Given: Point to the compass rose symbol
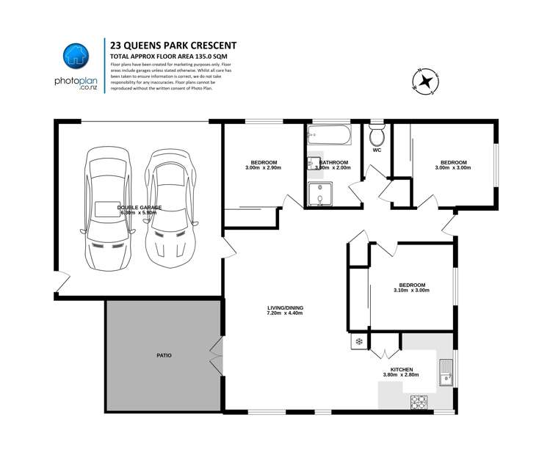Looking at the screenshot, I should coord(424,81).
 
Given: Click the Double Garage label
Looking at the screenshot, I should coord(140,208).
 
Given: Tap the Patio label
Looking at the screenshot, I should coord(164,355).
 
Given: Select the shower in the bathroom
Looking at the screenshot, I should coord(320,195).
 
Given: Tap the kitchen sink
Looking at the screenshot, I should coord(445,372).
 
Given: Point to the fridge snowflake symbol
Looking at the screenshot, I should coord(358,341).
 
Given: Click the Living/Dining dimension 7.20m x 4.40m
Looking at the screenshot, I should coord(285,313).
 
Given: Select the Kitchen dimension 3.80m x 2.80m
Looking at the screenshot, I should coord(401,375).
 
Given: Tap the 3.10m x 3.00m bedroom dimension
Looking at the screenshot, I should coord(411,291).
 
